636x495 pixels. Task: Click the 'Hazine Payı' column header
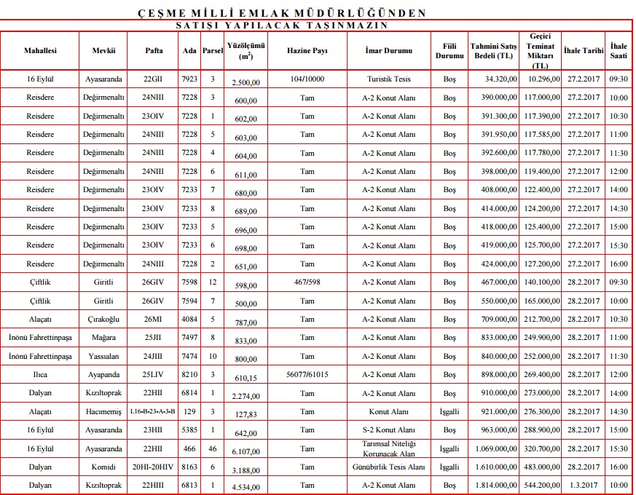tap(307, 51)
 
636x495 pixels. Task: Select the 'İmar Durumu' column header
tap(390, 51)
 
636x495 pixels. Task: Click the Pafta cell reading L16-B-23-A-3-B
tap(152, 411)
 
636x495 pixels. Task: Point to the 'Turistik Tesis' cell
tap(390, 78)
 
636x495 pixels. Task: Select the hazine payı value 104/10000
tap(307, 78)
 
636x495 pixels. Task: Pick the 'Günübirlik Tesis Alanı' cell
tap(390, 467)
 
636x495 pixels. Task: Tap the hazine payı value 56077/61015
tap(307, 374)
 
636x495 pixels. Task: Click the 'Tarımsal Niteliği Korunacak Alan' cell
tap(390, 448)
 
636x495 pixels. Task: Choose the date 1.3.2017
tap(584, 486)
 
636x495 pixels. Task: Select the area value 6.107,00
tap(245, 451)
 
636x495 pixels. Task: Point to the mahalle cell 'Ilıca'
tap(40, 374)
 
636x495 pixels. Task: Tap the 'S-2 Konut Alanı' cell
tap(390, 430)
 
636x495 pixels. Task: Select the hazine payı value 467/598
tap(307, 282)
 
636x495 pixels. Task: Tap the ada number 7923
tap(189, 78)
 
